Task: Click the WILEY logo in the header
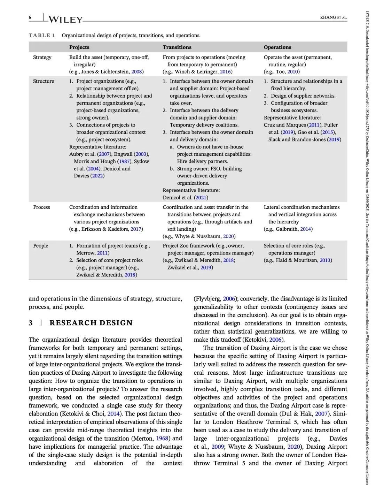(x=65, y=19)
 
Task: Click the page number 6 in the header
(x=30, y=17)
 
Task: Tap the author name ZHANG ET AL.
(x=333, y=17)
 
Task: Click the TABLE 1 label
(x=42, y=35)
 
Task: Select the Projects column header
(x=79, y=47)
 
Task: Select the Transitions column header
(x=177, y=47)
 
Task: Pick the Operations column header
(x=277, y=47)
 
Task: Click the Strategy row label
(x=42, y=57)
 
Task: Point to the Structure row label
(x=44, y=81)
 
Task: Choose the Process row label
(x=41, y=207)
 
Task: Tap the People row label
(x=41, y=246)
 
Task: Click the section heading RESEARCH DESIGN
(x=91, y=323)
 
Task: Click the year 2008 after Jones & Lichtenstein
(x=136, y=72)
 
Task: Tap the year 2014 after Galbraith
(x=305, y=229)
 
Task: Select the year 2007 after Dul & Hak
(x=321, y=414)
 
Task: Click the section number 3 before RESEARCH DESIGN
(x=31, y=323)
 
